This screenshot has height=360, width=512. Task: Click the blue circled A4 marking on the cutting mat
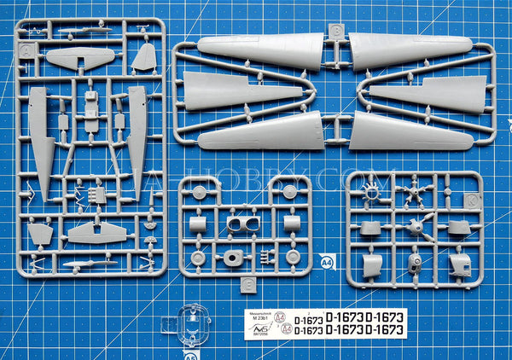(327, 259)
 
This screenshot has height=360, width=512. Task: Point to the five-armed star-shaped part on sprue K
(416, 189)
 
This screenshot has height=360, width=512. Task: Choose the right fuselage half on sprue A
(137, 136)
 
